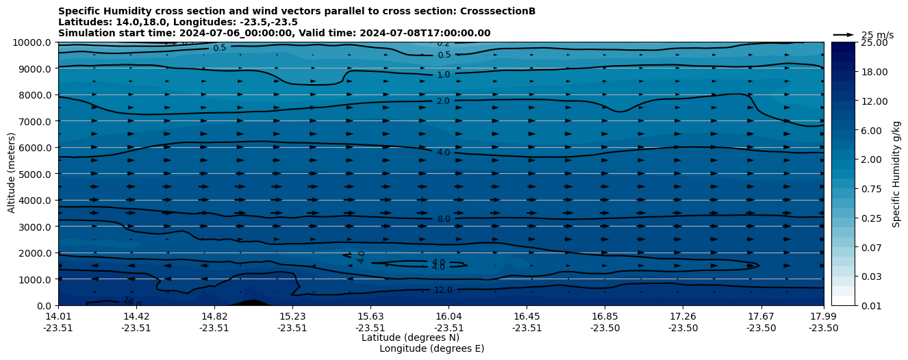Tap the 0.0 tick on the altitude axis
46,305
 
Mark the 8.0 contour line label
444,219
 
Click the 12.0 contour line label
443,290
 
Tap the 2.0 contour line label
443,101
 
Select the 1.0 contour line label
444,75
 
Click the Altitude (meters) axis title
12,174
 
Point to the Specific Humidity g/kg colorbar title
896,174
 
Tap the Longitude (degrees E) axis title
431,348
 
